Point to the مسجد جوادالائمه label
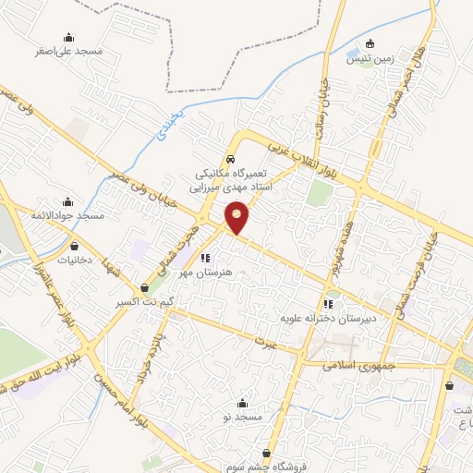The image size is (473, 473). point(67,215)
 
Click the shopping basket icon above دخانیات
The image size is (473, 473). point(75,247)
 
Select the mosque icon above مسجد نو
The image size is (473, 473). point(243,403)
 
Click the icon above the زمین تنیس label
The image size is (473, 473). point(370,43)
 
